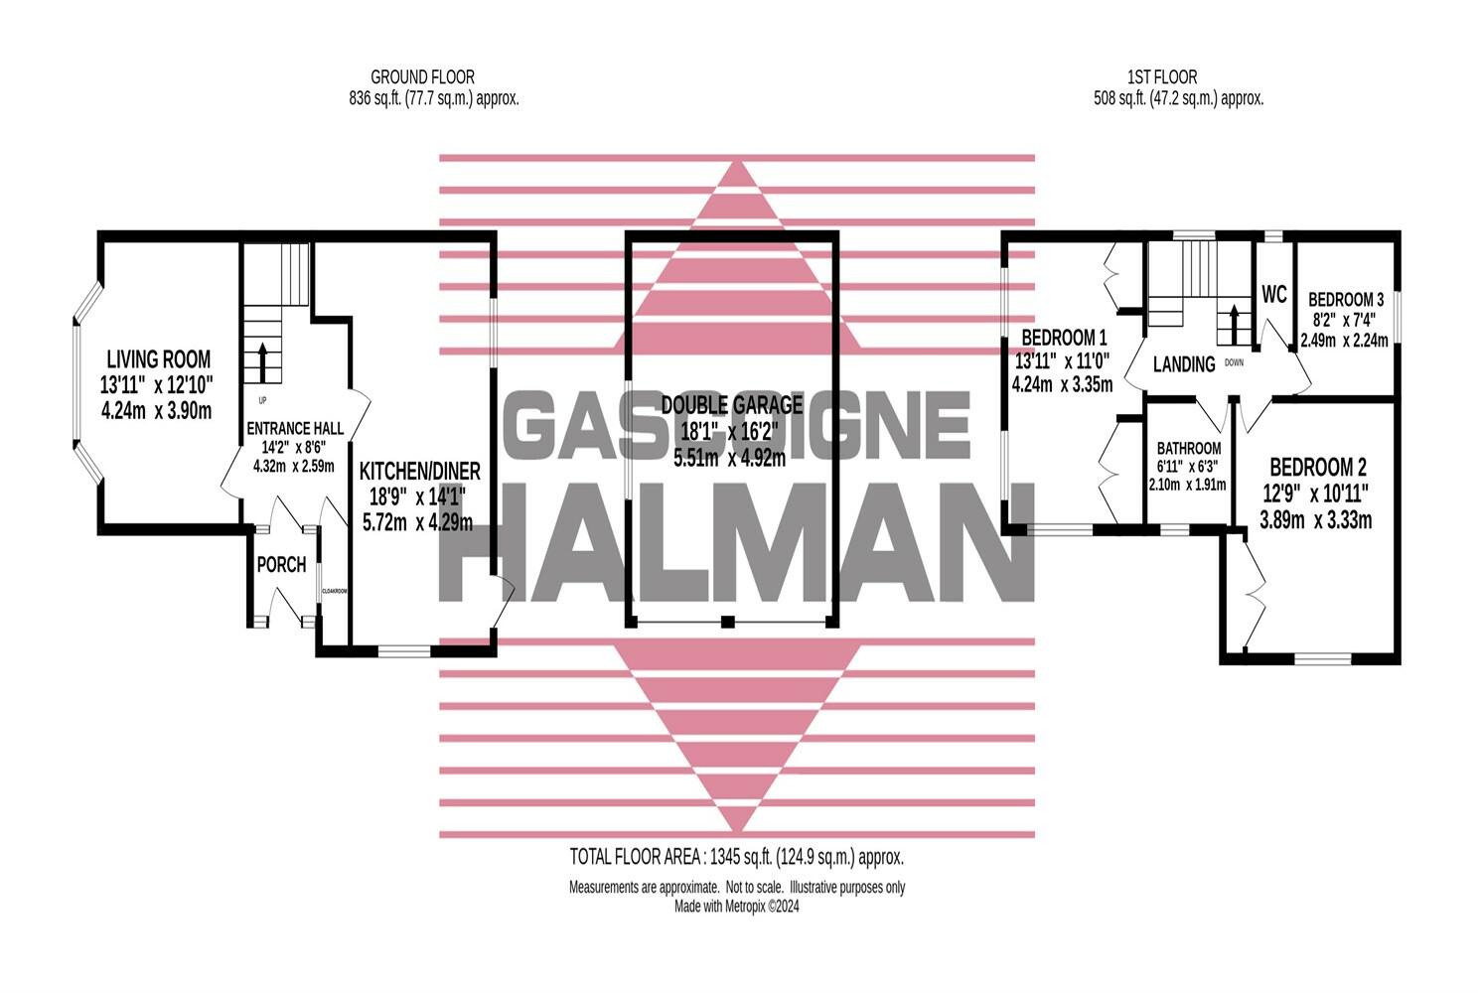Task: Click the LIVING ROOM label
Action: coord(159,359)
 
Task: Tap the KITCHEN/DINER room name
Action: coord(419,471)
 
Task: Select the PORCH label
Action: coord(281,565)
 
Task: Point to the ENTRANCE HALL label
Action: coord(295,428)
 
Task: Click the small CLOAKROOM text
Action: coord(335,591)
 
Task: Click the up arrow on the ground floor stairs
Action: coord(262,362)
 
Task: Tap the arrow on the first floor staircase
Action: coord(1233,324)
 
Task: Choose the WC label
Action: coord(1273,294)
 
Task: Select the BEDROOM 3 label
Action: coord(1346,299)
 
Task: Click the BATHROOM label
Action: coord(1189,449)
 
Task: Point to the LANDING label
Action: coord(1184,364)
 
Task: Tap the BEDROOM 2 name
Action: coord(1318,468)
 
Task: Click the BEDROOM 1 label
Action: coord(1064,338)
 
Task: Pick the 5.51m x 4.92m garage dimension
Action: coord(729,458)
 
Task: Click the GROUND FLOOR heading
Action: coord(422,77)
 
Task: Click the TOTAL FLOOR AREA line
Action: coord(737,858)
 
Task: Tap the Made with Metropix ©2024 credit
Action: coord(737,907)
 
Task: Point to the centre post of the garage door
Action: coord(727,622)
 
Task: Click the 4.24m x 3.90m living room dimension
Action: coord(157,411)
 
